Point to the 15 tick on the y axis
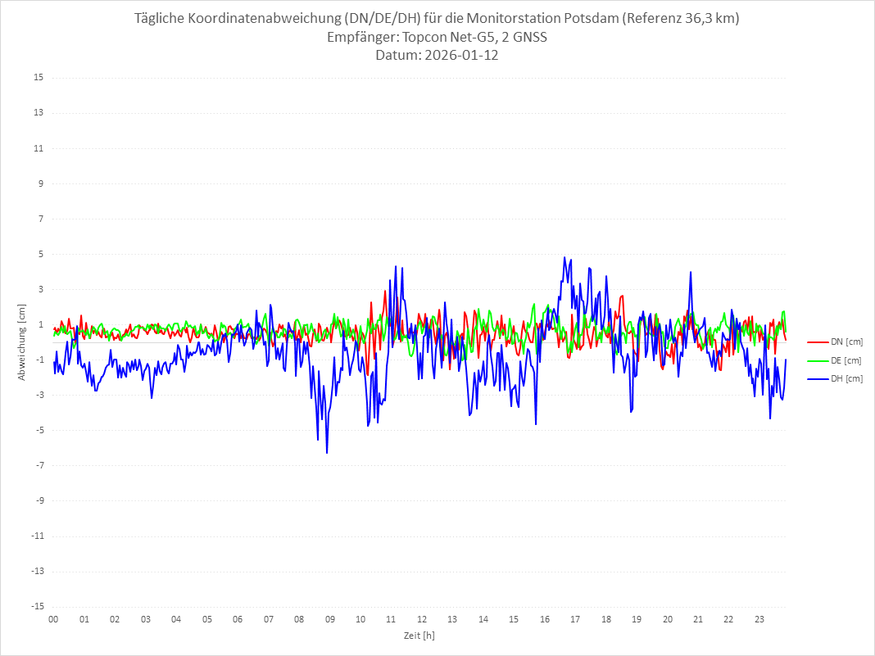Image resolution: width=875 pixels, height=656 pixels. click(x=39, y=78)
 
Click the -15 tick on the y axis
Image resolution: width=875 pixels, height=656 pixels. click(x=37, y=606)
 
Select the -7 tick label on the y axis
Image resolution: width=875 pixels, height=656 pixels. click(x=39, y=465)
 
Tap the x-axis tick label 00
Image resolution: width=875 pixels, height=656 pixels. click(x=53, y=619)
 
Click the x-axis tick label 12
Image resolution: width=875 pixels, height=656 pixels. click(x=422, y=619)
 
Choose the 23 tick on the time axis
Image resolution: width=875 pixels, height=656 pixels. click(x=759, y=619)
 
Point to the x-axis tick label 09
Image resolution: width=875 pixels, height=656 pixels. click(x=329, y=619)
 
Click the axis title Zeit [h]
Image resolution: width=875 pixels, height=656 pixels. click(x=419, y=635)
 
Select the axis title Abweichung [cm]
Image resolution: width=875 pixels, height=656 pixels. click(x=22, y=342)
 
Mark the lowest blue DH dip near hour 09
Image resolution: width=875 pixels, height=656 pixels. click(x=327, y=453)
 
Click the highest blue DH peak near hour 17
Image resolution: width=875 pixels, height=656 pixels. click(x=564, y=257)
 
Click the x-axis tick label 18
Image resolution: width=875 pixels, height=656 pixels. click(x=606, y=619)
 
